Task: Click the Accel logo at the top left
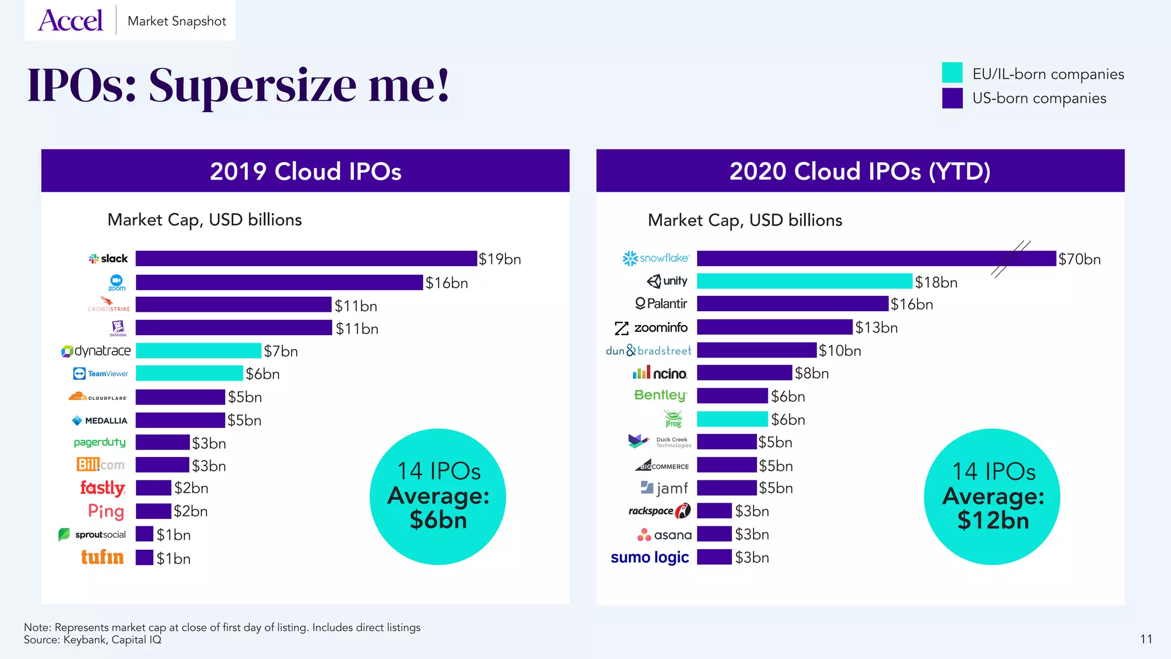pyautogui.click(x=71, y=21)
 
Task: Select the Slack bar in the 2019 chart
pyautogui.click(x=306, y=259)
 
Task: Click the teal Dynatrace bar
pyautogui.click(x=198, y=351)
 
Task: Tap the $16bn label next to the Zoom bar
pyautogui.click(x=447, y=283)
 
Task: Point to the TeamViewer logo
pyautogui.click(x=101, y=374)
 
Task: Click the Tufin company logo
pyautogui.click(x=102, y=557)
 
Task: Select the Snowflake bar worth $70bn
pyautogui.click(x=858, y=259)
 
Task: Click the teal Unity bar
pyautogui.click(x=804, y=281)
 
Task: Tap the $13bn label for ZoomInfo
pyautogui.click(x=877, y=327)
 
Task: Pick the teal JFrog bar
pyautogui.click(x=732, y=419)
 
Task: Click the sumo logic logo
pyautogui.click(x=650, y=557)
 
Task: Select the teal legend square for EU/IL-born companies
pyautogui.click(x=952, y=73)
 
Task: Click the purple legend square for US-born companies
pyautogui.click(x=952, y=98)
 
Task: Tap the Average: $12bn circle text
pyautogui.click(x=993, y=508)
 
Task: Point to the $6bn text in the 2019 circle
pyautogui.click(x=439, y=521)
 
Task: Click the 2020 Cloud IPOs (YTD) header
pyautogui.click(x=860, y=171)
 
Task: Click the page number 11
pyautogui.click(x=1146, y=639)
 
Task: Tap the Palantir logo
pyautogui.click(x=662, y=304)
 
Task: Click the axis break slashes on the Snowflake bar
pyautogui.click(x=1011, y=259)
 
